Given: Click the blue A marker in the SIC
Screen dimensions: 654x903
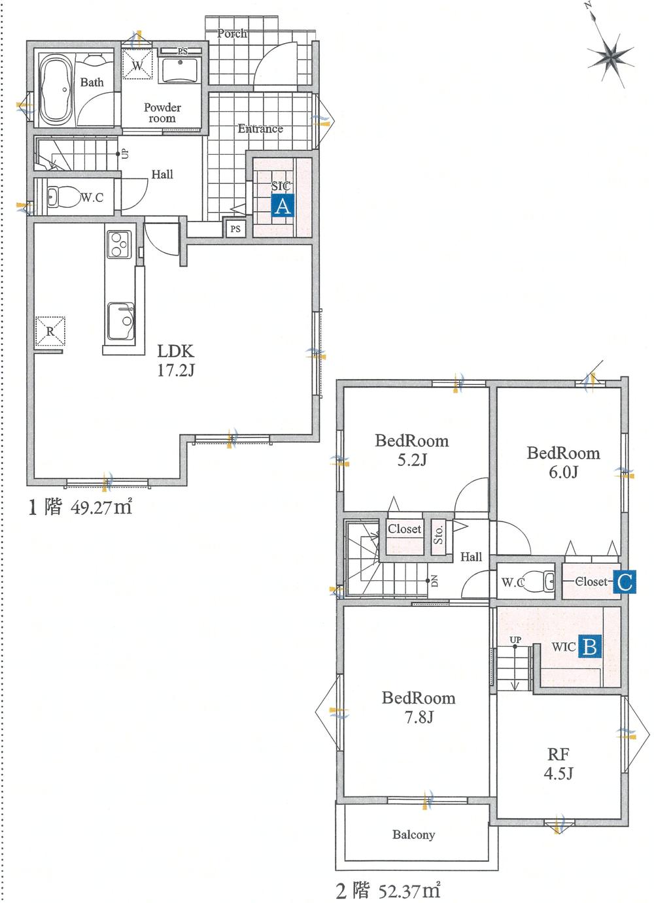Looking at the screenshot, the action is point(283,206).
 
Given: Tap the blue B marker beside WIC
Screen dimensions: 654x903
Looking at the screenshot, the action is point(591,647).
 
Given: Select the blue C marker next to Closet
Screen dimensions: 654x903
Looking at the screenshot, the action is point(625,582).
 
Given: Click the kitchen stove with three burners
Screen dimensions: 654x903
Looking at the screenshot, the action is point(118,244).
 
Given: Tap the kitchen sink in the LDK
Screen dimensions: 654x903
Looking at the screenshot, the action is point(120,321).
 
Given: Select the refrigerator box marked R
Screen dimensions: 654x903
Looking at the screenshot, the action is point(50,331).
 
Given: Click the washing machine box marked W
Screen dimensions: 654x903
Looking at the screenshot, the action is point(137,63).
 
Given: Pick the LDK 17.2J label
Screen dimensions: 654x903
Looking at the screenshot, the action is point(175,361).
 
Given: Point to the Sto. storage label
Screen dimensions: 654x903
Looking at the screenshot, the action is point(438,535).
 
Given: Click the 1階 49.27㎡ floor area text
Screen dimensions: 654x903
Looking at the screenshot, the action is point(80,507).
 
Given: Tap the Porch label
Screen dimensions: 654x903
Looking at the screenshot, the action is point(232,33).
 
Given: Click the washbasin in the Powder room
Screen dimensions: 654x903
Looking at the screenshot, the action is point(180,69).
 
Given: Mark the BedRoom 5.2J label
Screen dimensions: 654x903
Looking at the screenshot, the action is point(412,450).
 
